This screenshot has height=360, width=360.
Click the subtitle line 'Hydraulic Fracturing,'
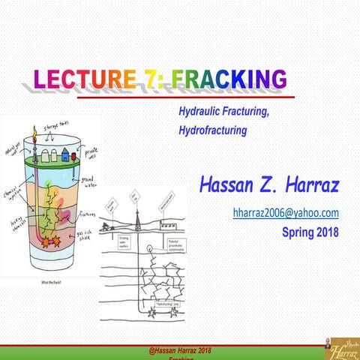(223, 111)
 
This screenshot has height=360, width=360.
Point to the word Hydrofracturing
(212, 129)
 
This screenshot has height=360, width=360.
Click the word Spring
(297, 232)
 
